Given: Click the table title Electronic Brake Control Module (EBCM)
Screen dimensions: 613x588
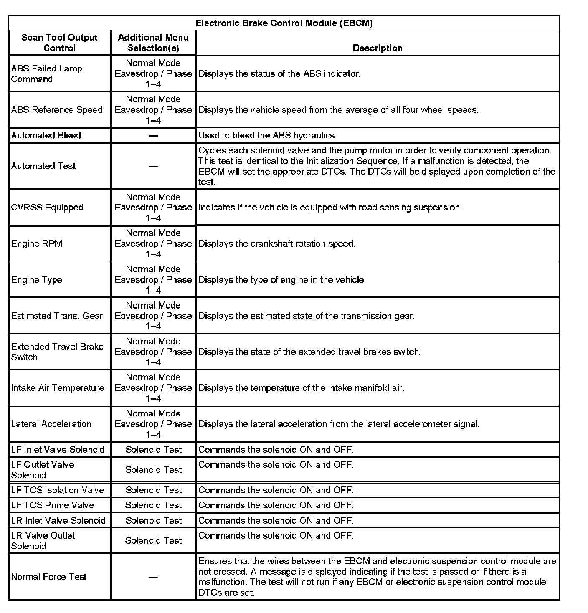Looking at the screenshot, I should (284, 23).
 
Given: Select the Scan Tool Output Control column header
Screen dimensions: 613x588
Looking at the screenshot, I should (59, 43).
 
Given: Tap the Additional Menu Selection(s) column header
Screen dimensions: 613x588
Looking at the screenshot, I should (153, 43).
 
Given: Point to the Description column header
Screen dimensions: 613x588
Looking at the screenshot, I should (378, 48).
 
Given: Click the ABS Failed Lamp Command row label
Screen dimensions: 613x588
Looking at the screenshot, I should (46, 74).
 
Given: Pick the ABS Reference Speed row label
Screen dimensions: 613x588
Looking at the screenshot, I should (57, 110).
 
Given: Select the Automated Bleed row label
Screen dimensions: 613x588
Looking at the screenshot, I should (46, 135).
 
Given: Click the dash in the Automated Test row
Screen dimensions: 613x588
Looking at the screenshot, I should (153, 166).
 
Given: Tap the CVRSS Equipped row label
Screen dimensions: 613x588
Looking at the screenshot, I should (47, 208).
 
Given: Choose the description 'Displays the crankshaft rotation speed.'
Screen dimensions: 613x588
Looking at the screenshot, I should (277, 243).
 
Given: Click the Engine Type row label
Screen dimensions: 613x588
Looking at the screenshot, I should (36, 280).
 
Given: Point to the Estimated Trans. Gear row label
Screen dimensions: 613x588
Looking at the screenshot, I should (57, 316).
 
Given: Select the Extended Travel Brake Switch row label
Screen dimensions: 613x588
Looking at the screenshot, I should (57, 352).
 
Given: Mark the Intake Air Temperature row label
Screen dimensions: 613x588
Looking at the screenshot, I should (58, 388).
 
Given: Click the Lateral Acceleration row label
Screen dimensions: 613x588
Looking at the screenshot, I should (51, 424).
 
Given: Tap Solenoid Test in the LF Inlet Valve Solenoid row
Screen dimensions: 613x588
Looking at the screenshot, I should (154, 450).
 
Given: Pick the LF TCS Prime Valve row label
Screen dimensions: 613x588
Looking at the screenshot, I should (53, 505).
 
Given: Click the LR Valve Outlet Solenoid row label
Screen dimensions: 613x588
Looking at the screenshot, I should (43, 541).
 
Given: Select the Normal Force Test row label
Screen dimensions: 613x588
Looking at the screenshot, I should (49, 577).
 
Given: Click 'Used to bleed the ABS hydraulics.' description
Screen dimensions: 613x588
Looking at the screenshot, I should (267, 135).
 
